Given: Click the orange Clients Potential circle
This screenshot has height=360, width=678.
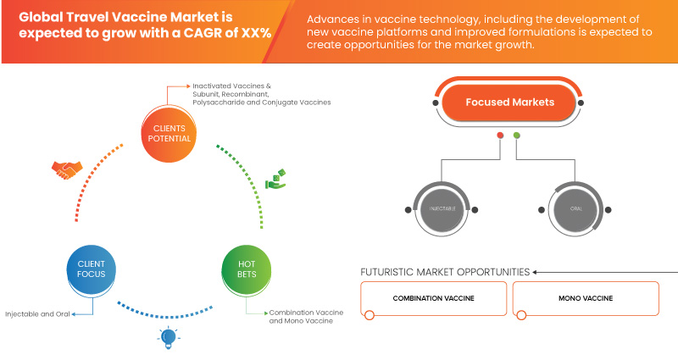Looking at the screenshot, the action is coord(169,134).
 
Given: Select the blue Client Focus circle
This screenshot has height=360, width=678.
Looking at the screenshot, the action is coord(92,269).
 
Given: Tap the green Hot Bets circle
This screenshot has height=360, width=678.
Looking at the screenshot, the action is coord(247,269).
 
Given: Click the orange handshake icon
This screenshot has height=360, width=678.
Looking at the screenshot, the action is coord(67,170).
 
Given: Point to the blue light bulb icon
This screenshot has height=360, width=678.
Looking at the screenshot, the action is coord(169,338).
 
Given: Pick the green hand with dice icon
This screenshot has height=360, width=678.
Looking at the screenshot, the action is coord(276,180).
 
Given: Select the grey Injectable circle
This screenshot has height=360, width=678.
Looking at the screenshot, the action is coord(442,209).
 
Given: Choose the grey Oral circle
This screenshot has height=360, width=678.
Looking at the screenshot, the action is coord(575,209).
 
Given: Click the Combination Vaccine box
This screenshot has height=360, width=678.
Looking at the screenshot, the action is coord(433,298).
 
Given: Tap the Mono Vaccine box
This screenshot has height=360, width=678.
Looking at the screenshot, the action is coord(586,298).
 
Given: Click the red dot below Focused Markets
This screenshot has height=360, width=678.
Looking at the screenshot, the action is coord(500,136).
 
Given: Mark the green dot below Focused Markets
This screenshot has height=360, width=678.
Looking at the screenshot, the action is coord(516,136).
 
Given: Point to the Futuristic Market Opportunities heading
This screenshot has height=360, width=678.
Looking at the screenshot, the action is coord(445,272).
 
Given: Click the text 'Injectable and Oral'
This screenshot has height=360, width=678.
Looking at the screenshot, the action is coord(37,314).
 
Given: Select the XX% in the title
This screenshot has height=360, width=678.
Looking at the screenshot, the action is coord(256,33).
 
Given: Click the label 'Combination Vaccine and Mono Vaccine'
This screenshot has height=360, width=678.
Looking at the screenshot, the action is coord(306,316).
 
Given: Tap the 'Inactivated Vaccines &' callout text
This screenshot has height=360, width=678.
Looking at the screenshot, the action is coord(231,86).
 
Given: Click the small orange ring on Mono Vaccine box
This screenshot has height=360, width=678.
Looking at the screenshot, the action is coord(521,315).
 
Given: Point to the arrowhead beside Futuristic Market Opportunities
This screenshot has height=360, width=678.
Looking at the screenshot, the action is coord(535,272).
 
